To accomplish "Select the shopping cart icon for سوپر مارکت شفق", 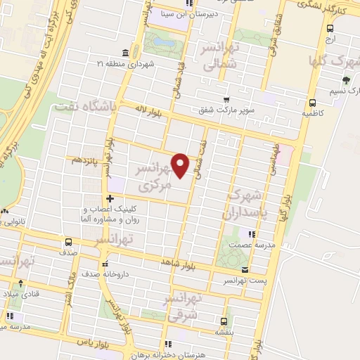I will [226, 99].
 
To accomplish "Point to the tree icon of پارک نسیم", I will [345, 79].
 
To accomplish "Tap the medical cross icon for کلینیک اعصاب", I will [109, 198].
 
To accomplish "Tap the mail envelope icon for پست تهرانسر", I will [244, 270].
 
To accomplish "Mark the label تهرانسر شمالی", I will [219, 56].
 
